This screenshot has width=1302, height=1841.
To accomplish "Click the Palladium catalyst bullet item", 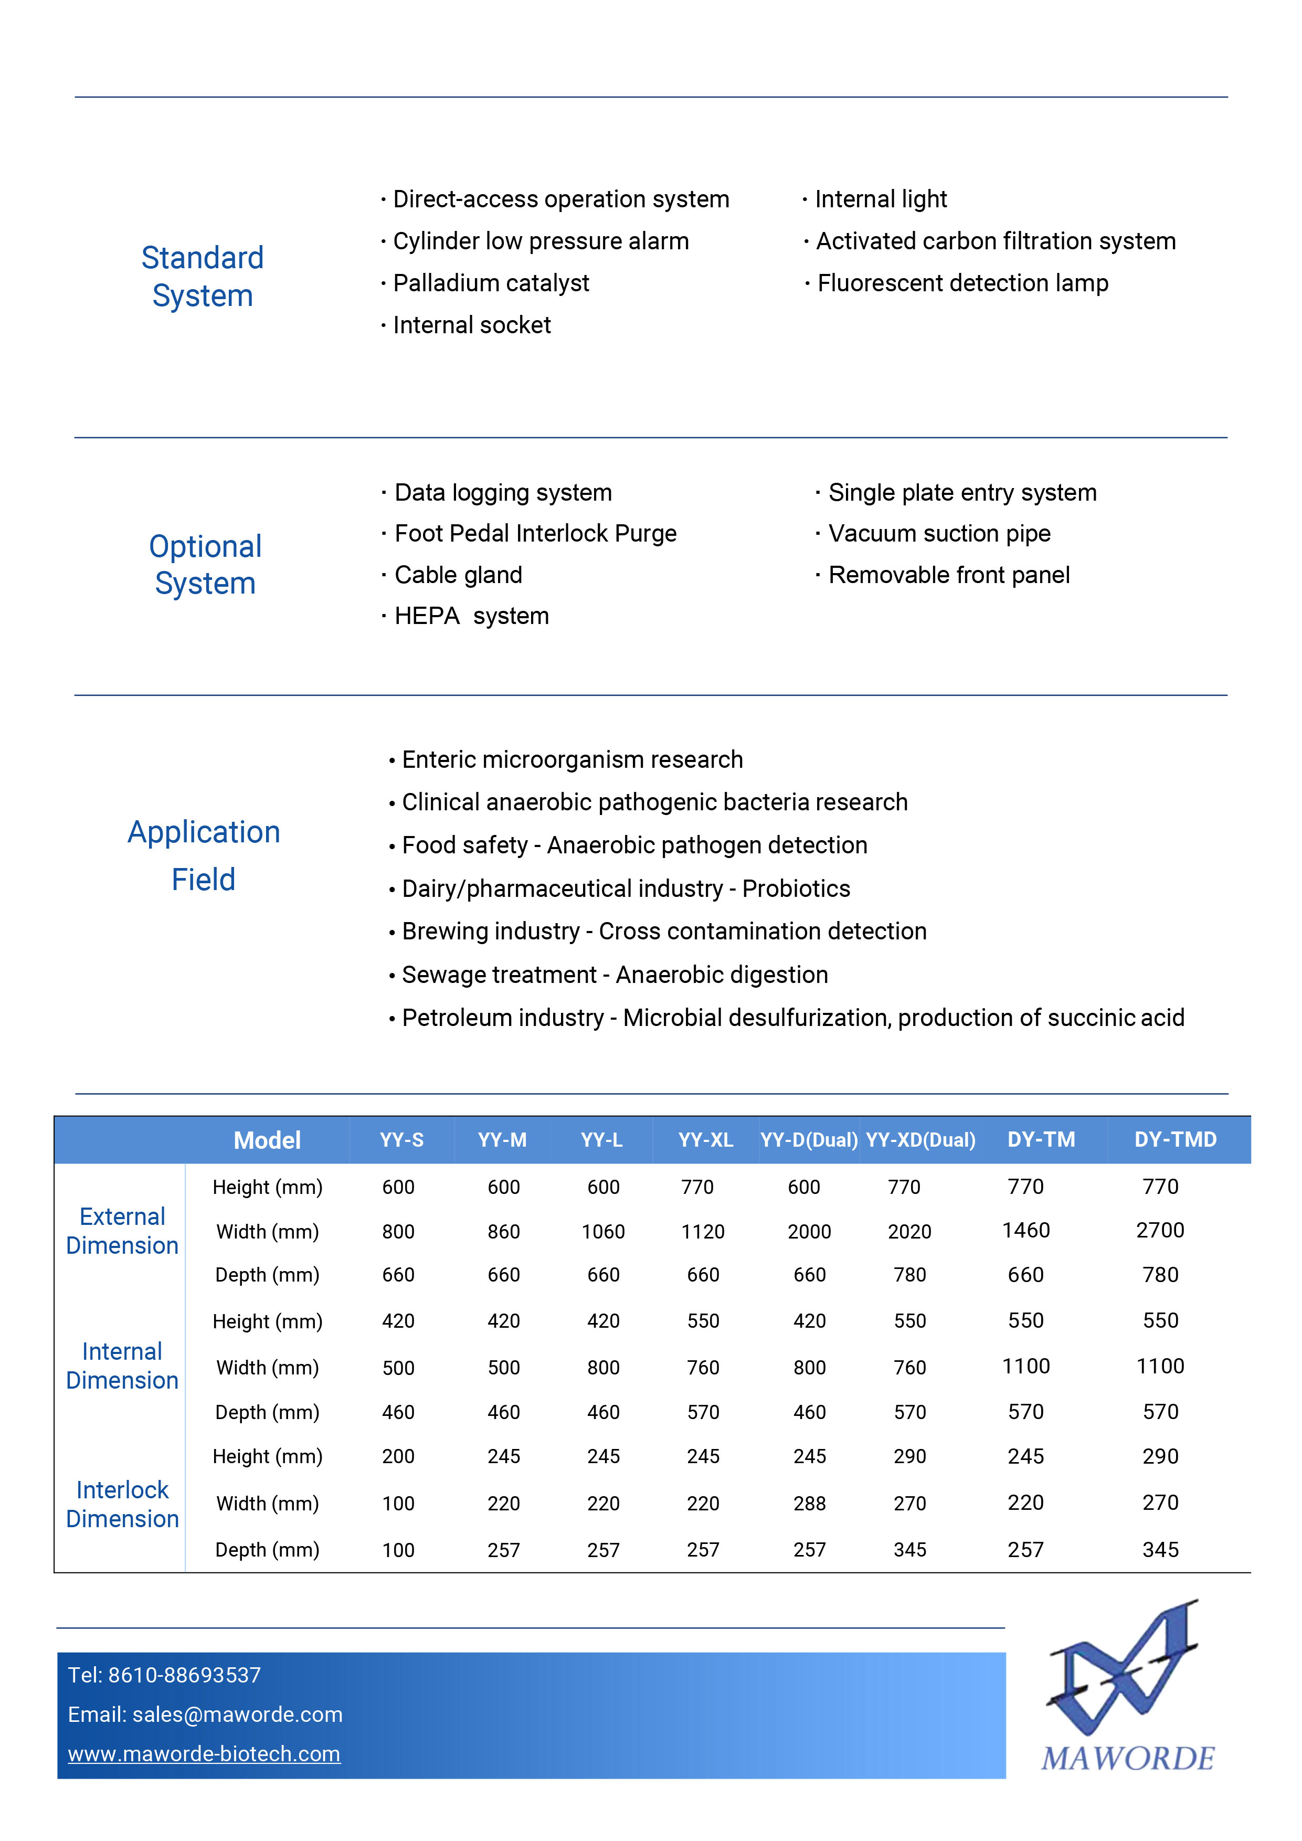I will [x=491, y=283].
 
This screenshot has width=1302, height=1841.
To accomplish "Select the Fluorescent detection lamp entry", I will [x=962, y=283].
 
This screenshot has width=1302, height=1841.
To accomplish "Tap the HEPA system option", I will [x=471, y=616].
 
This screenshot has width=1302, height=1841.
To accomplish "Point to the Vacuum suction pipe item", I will [x=939, y=533].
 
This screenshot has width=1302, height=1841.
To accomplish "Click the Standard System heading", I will [x=203, y=277].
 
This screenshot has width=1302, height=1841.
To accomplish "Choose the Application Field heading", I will [x=204, y=855].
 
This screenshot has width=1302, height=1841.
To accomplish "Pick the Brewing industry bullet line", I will [x=664, y=931].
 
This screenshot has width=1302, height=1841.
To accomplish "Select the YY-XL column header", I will [x=705, y=1139].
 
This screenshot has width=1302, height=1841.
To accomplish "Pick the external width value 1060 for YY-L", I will [x=603, y=1232].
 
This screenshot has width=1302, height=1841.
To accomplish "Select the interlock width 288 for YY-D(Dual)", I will [x=809, y=1504].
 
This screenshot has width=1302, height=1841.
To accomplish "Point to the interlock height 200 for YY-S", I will [x=398, y=1456].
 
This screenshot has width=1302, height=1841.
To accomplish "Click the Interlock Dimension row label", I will [x=122, y=1504].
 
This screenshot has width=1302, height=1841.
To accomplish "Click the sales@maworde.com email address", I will [x=237, y=1715].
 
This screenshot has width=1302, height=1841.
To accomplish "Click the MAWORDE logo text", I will [x=1127, y=1759].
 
